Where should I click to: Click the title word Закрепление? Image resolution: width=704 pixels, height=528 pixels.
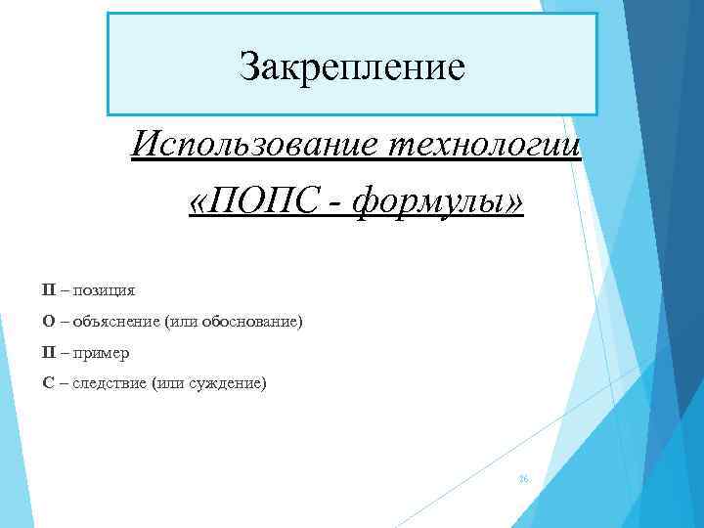click(x=352, y=67)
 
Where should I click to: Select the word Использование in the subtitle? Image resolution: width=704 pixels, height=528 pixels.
click(x=257, y=149)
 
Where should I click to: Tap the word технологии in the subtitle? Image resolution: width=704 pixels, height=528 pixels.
click(x=486, y=149)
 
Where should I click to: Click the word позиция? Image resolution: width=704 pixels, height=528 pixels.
click(x=105, y=289)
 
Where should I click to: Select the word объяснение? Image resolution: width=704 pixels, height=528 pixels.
click(x=115, y=321)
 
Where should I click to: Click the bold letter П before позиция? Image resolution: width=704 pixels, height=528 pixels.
click(x=48, y=289)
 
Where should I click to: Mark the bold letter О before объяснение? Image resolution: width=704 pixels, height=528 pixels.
click(x=48, y=321)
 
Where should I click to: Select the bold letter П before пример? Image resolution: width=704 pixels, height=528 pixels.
click(x=48, y=352)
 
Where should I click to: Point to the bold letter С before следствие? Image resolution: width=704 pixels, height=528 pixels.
click(x=48, y=383)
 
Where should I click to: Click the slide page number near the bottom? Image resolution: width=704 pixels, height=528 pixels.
click(x=523, y=480)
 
